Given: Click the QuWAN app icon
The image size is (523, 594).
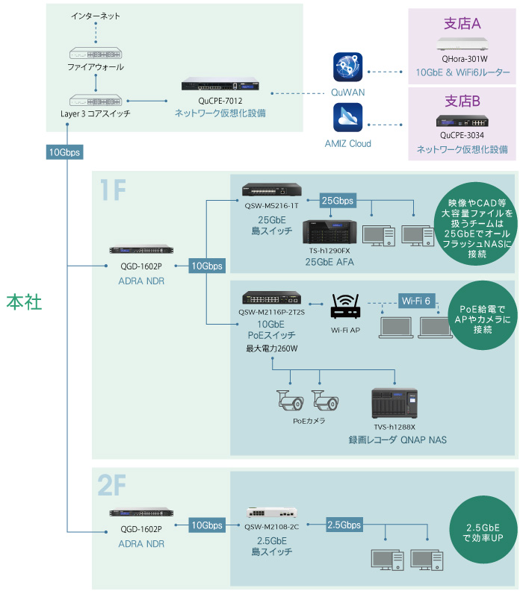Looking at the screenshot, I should pos(347,67).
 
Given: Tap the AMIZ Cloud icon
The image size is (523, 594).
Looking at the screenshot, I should pos(347,118).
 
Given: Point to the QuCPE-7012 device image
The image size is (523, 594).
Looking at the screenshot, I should pos(220,85).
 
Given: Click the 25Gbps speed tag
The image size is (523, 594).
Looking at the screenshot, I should pos(337,201).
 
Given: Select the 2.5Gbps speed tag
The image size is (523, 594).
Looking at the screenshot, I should pos(344,525).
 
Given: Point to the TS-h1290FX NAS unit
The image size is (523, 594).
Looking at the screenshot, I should pos(329,232).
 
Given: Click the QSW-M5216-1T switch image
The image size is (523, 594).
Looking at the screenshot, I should pos(271,190).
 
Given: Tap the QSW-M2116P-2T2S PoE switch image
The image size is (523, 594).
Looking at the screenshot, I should pos(271,298).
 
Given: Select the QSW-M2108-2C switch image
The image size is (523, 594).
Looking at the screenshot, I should pos(271,513).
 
